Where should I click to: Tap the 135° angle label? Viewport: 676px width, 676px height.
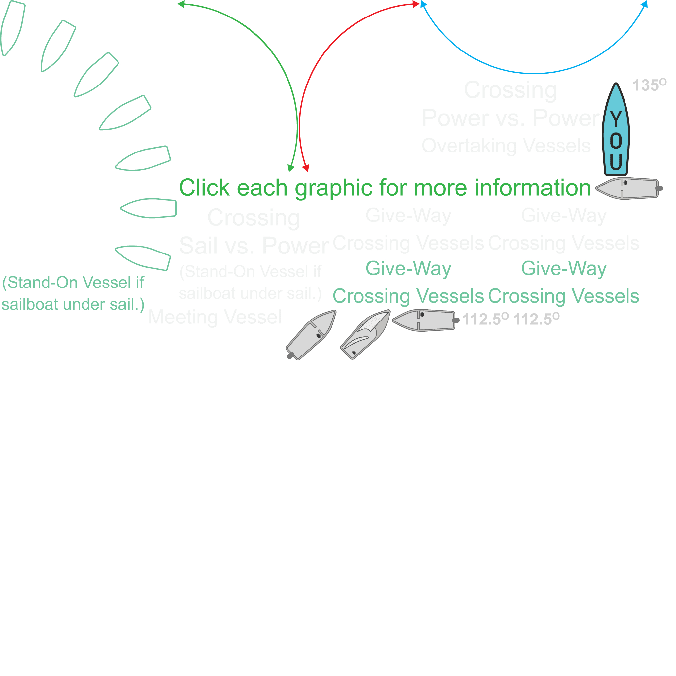coord(649,85)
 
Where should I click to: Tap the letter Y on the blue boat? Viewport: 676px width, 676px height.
coord(616,119)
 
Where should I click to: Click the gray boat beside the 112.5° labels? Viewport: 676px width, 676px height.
coord(424,320)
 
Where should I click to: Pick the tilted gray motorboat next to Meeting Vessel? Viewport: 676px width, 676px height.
coord(311,335)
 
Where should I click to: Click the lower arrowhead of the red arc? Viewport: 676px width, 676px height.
coord(306,168)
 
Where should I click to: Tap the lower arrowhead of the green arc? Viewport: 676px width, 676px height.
coord(291,168)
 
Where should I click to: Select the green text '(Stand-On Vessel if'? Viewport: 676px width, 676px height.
coord(73,282)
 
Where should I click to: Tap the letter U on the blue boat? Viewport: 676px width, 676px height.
coord(616,161)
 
